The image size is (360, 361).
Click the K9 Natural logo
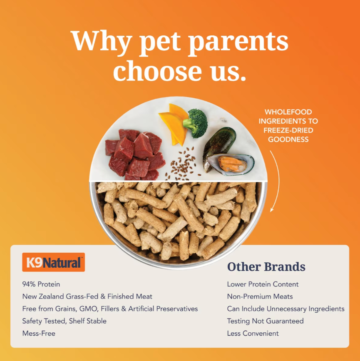tap(53, 262)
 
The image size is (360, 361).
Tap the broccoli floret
tap(196, 123)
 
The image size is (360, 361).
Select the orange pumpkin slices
tap(174, 124)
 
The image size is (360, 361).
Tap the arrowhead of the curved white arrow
tap(272, 209)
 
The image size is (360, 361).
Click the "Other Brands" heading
tap(266, 266)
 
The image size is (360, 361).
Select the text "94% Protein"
tap(41, 284)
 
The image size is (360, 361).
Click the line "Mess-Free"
tap(39, 334)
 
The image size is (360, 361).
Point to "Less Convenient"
tap(253, 334)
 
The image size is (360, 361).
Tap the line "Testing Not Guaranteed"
tap(265, 321)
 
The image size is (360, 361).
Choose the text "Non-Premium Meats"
tap(260, 296)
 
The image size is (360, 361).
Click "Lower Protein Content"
tap(263, 284)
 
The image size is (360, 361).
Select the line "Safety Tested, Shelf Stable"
tap(64, 321)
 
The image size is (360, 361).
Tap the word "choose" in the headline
tap(157, 70)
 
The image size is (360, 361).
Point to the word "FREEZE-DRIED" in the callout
tap(288, 130)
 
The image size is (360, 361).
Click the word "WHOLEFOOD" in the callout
tap(288, 112)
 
